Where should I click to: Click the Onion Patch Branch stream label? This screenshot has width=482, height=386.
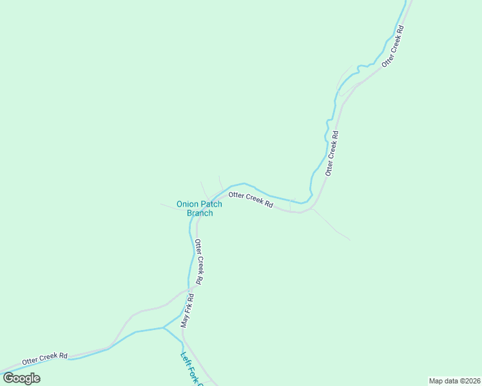(x=199, y=208)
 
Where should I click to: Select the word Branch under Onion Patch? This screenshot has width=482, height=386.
(x=200, y=213)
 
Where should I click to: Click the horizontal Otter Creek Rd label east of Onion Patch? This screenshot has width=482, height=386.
(x=251, y=199)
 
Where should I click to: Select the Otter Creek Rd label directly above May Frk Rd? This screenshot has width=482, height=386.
(x=200, y=262)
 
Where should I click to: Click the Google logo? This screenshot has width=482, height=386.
(x=21, y=378)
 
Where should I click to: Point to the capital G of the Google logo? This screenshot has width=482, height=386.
(x=8, y=378)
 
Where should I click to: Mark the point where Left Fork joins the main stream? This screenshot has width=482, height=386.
(x=164, y=328)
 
